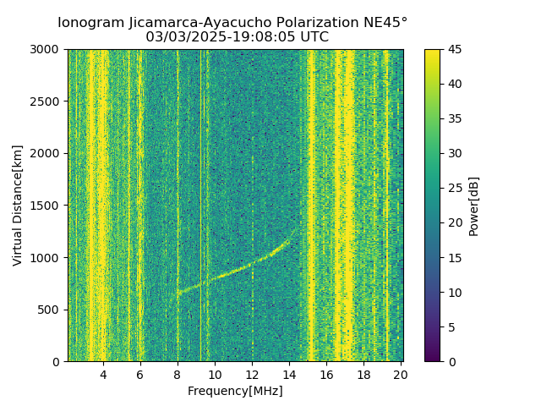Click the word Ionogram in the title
90,22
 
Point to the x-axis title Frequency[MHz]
235,391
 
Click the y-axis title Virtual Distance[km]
18,205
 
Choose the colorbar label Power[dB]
474,206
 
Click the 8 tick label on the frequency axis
178,375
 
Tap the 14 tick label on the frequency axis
289,375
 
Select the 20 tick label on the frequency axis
401,375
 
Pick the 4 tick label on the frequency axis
103,375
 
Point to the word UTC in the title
314,37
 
